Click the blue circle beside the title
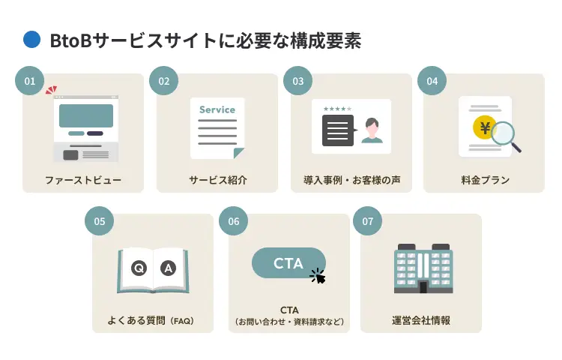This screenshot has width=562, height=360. (x=31, y=40)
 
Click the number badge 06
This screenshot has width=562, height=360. (x=234, y=221)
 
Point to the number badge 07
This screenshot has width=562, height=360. (x=367, y=221)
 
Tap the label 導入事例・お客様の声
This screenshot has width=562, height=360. (x=347, y=180)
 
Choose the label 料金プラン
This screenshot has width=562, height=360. (x=485, y=180)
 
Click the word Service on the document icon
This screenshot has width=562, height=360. (x=217, y=109)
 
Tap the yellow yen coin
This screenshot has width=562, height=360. (x=485, y=128)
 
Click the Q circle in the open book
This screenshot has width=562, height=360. (x=138, y=268)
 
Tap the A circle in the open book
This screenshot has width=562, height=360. (x=168, y=268)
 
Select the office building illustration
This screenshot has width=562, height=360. (x=423, y=268)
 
